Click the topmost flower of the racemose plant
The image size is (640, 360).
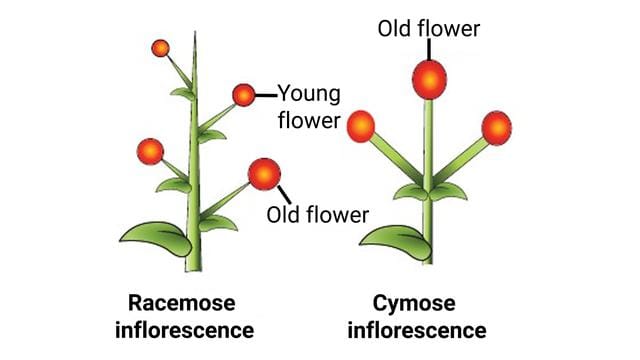tap(160, 47)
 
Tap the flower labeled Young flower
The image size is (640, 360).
tap(243, 95)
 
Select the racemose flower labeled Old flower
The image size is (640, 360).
tap(264, 173)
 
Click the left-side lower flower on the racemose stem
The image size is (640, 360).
tap(150, 152)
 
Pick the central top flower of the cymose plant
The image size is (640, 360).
tap(428, 79)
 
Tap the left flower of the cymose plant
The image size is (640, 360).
tap(360, 127)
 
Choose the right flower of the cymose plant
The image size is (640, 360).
tap(496, 127)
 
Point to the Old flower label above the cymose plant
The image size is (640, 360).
tap(428, 27)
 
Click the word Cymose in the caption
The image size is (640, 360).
tap(428, 303)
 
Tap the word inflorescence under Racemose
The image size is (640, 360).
tap(190, 329)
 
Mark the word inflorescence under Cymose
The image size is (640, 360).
tap(428, 329)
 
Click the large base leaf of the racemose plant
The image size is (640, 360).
tap(155, 237)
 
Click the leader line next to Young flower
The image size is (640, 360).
tap(265, 95)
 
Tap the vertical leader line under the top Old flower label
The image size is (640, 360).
tap(428, 50)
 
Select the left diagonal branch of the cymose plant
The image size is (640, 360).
tap(393, 160)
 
